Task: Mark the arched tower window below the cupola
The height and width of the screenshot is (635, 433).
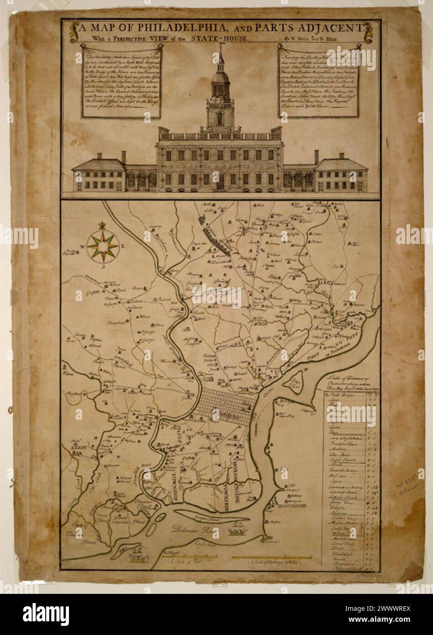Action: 220,118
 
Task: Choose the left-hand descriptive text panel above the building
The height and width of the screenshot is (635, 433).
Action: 121,80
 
